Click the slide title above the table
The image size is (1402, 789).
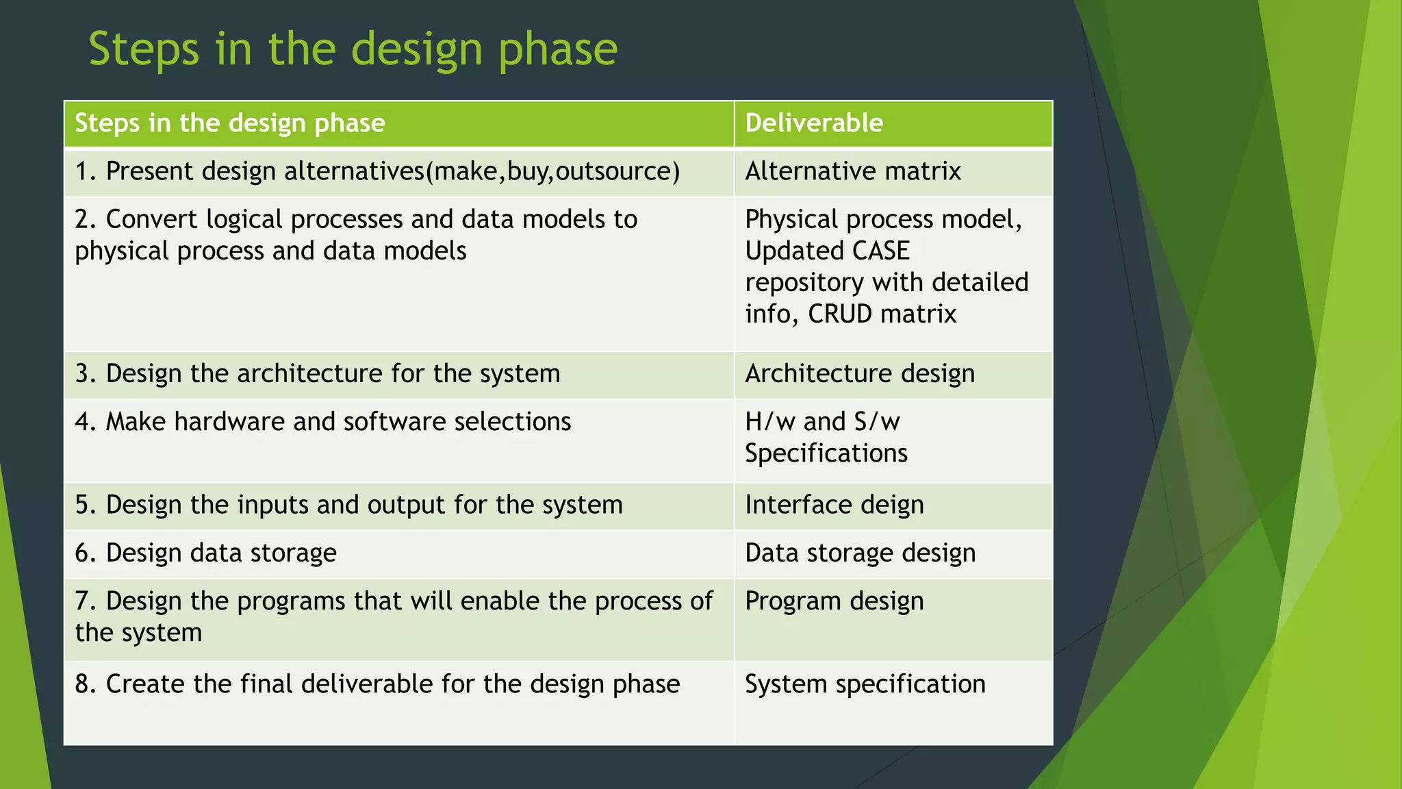pos(353,49)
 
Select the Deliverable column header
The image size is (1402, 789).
pos(813,123)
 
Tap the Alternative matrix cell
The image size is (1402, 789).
pos(852,171)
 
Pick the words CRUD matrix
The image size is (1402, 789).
pos(882,314)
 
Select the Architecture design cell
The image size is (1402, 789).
pos(859,374)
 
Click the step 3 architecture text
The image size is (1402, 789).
pos(318,374)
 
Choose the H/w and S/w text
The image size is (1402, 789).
pos(821,422)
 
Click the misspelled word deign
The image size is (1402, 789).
pos(892,505)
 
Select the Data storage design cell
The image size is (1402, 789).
pos(860,553)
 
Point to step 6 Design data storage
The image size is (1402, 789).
pos(206,553)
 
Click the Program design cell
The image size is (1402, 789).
pos(834,601)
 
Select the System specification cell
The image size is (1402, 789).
pos(865,684)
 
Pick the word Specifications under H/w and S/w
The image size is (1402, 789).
pos(826,453)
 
